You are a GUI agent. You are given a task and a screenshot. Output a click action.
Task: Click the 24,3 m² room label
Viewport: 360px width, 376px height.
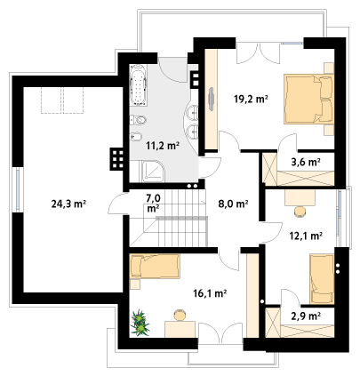pyautogui.click(x=68, y=204)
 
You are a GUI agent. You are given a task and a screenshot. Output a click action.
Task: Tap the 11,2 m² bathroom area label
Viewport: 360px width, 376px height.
pyautogui.click(x=163, y=146)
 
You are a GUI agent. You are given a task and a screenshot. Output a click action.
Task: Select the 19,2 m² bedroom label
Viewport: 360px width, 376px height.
pyautogui.click(x=251, y=100)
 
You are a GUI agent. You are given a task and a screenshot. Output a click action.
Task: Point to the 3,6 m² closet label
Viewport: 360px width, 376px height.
pyautogui.click(x=306, y=162)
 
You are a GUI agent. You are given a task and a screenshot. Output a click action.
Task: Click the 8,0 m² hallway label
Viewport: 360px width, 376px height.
pyautogui.click(x=233, y=204)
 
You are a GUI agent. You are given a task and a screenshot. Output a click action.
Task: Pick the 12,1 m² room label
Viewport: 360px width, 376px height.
pyautogui.click(x=306, y=236)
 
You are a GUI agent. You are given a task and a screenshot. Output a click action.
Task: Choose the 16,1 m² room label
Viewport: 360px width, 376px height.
pyautogui.click(x=210, y=293)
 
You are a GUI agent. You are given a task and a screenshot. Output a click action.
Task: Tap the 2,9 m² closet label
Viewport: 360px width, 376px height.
pyautogui.click(x=306, y=316)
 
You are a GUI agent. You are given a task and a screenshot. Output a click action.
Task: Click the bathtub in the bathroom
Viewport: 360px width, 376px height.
pyautogui.click(x=138, y=85)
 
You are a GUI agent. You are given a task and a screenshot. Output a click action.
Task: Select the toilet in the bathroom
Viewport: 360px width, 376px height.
pyautogui.click(x=138, y=120)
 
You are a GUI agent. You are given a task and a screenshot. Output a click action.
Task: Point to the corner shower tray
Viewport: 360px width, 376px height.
pyautogui.click(x=153, y=172)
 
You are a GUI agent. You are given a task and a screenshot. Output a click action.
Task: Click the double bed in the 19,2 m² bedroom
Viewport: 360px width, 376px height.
pyautogui.click(x=309, y=99)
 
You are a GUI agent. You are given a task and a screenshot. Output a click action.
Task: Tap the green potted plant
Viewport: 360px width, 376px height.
pyautogui.click(x=140, y=323)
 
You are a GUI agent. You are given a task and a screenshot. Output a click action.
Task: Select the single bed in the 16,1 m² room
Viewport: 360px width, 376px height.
pyautogui.click(x=155, y=266)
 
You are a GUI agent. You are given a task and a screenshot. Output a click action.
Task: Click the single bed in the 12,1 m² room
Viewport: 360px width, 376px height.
pyautogui.click(x=322, y=278)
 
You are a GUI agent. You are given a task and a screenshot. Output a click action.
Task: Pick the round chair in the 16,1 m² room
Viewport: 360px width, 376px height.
pyautogui.click(x=180, y=315)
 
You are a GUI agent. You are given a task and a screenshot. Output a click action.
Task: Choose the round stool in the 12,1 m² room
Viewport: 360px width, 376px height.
pyautogui.click(x=300, y=212)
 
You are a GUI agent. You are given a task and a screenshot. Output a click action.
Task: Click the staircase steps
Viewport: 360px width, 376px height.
pyautogui.click(x=181, y=218)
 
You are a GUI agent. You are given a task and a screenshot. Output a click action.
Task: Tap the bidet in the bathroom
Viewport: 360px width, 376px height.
pyautogui.click(x=136, y=137)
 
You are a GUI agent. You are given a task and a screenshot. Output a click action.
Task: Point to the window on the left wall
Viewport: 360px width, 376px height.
pyautogui.click(x=18, y=189)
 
